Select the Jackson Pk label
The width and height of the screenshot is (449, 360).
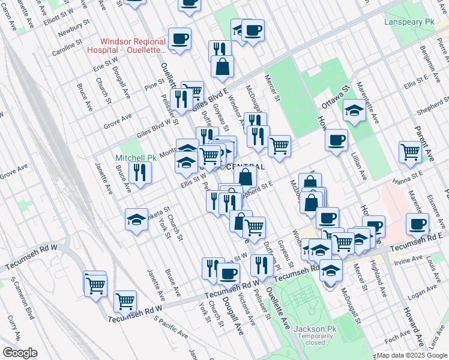(315, 329)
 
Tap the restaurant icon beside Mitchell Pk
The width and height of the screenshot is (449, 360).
(140, 173)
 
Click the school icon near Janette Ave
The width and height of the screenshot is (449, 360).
(136, 220)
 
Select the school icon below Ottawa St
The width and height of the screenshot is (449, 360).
(354, 110)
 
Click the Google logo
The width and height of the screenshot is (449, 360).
(19, 353)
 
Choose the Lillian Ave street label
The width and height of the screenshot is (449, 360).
(362, 167)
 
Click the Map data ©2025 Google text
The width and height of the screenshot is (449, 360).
(412, 355)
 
